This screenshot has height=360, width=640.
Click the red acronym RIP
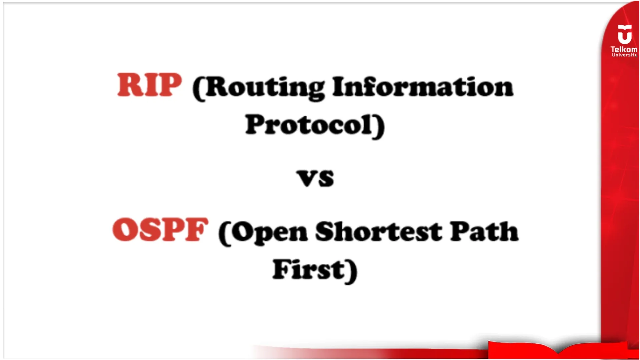(149, 85)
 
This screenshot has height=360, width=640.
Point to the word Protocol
(309, 125)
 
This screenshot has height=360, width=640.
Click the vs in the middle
(315, 178)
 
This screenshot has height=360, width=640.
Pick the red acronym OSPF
(160, 230)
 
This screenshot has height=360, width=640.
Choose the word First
(309, 270)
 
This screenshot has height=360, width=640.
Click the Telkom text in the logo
(624, 49)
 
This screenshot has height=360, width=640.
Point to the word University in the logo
(624, 55)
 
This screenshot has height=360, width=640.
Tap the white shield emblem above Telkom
(624, 35)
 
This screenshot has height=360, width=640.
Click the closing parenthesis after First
(352, 271)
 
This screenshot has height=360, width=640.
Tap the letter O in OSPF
(124, 230)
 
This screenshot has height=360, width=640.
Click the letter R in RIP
(128, 85)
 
